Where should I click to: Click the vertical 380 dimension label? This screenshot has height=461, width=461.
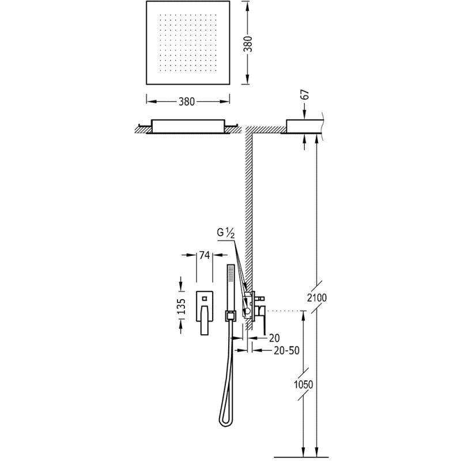[x=249, y=43]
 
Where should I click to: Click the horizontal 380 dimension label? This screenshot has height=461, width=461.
[x=186, y=102]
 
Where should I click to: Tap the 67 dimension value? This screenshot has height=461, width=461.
[x=305, y=95]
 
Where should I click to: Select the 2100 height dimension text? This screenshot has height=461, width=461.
[x=316, y=297]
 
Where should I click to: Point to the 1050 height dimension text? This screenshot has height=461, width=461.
[x=303, y=384]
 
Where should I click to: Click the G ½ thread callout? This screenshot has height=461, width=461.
[x=226, y=233]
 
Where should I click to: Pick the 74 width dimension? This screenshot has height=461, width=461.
[x=204, y=255]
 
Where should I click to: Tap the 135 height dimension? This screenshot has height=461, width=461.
[x=182, y=307]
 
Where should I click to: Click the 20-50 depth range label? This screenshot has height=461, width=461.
[x=286, y=350]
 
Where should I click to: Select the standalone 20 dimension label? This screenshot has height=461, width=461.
[x=274, y=338]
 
